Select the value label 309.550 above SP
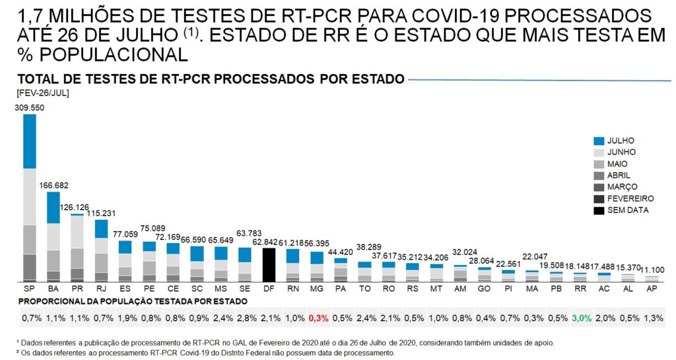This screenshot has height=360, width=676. pos(29,107)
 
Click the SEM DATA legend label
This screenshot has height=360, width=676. pos(628,210)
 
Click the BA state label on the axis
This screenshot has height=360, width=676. pos(53,289)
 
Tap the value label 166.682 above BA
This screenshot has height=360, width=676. pos(53,186)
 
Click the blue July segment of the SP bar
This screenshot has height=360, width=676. pos(29,141)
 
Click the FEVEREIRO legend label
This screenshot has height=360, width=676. pos(630,198)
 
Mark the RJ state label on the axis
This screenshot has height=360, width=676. pos(101,289)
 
